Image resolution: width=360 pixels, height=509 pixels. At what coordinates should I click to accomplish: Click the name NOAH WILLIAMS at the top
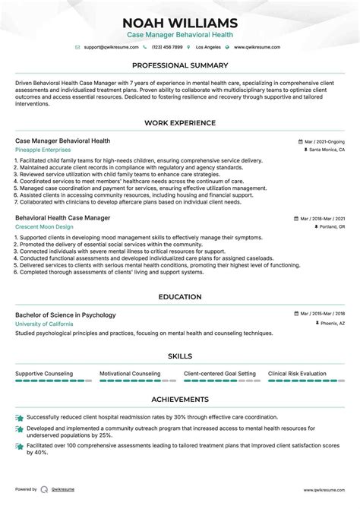(x=180, y=22)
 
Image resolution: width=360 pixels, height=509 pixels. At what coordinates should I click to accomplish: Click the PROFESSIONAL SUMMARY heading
(x=180, y=65)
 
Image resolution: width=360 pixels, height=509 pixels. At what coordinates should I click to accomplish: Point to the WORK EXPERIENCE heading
(x=180, y=123)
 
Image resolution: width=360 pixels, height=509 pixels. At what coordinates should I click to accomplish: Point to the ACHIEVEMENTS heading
(x=180, y=399)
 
